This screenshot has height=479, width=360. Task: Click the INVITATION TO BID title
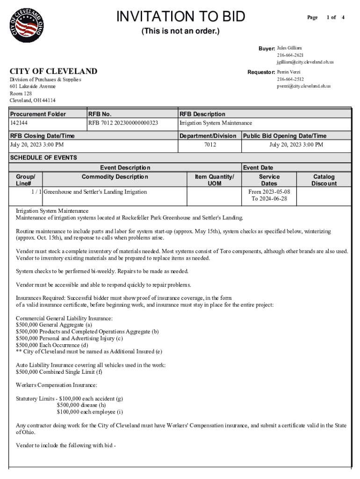point(180,16)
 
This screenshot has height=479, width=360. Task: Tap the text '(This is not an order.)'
point(180,32)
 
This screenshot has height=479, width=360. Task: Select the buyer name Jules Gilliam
point(289,48)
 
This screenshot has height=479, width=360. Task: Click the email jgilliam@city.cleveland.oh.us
point(305,62)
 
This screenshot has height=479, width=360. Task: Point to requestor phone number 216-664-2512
point(290,79)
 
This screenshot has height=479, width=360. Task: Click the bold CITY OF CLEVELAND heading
point(54,72)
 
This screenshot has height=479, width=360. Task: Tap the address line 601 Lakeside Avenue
point(33,87)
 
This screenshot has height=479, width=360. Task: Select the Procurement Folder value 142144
point(19,123)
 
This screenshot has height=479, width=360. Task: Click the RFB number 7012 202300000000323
point(123,123)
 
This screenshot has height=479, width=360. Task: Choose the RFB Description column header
point(202,114)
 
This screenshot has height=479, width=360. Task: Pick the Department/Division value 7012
point(210,145)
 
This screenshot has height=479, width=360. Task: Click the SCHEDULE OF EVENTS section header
point(43,158)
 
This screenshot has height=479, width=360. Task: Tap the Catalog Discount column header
point(324,180)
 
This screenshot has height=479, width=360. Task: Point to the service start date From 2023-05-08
point(269,192)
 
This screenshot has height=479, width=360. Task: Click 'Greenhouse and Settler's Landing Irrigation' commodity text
point(95,192)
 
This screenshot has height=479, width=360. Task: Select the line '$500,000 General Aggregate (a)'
point(54,325)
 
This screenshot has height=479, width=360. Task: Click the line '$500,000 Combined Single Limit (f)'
point(59,372)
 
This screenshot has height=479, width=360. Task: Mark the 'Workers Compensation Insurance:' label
point(57,385)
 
